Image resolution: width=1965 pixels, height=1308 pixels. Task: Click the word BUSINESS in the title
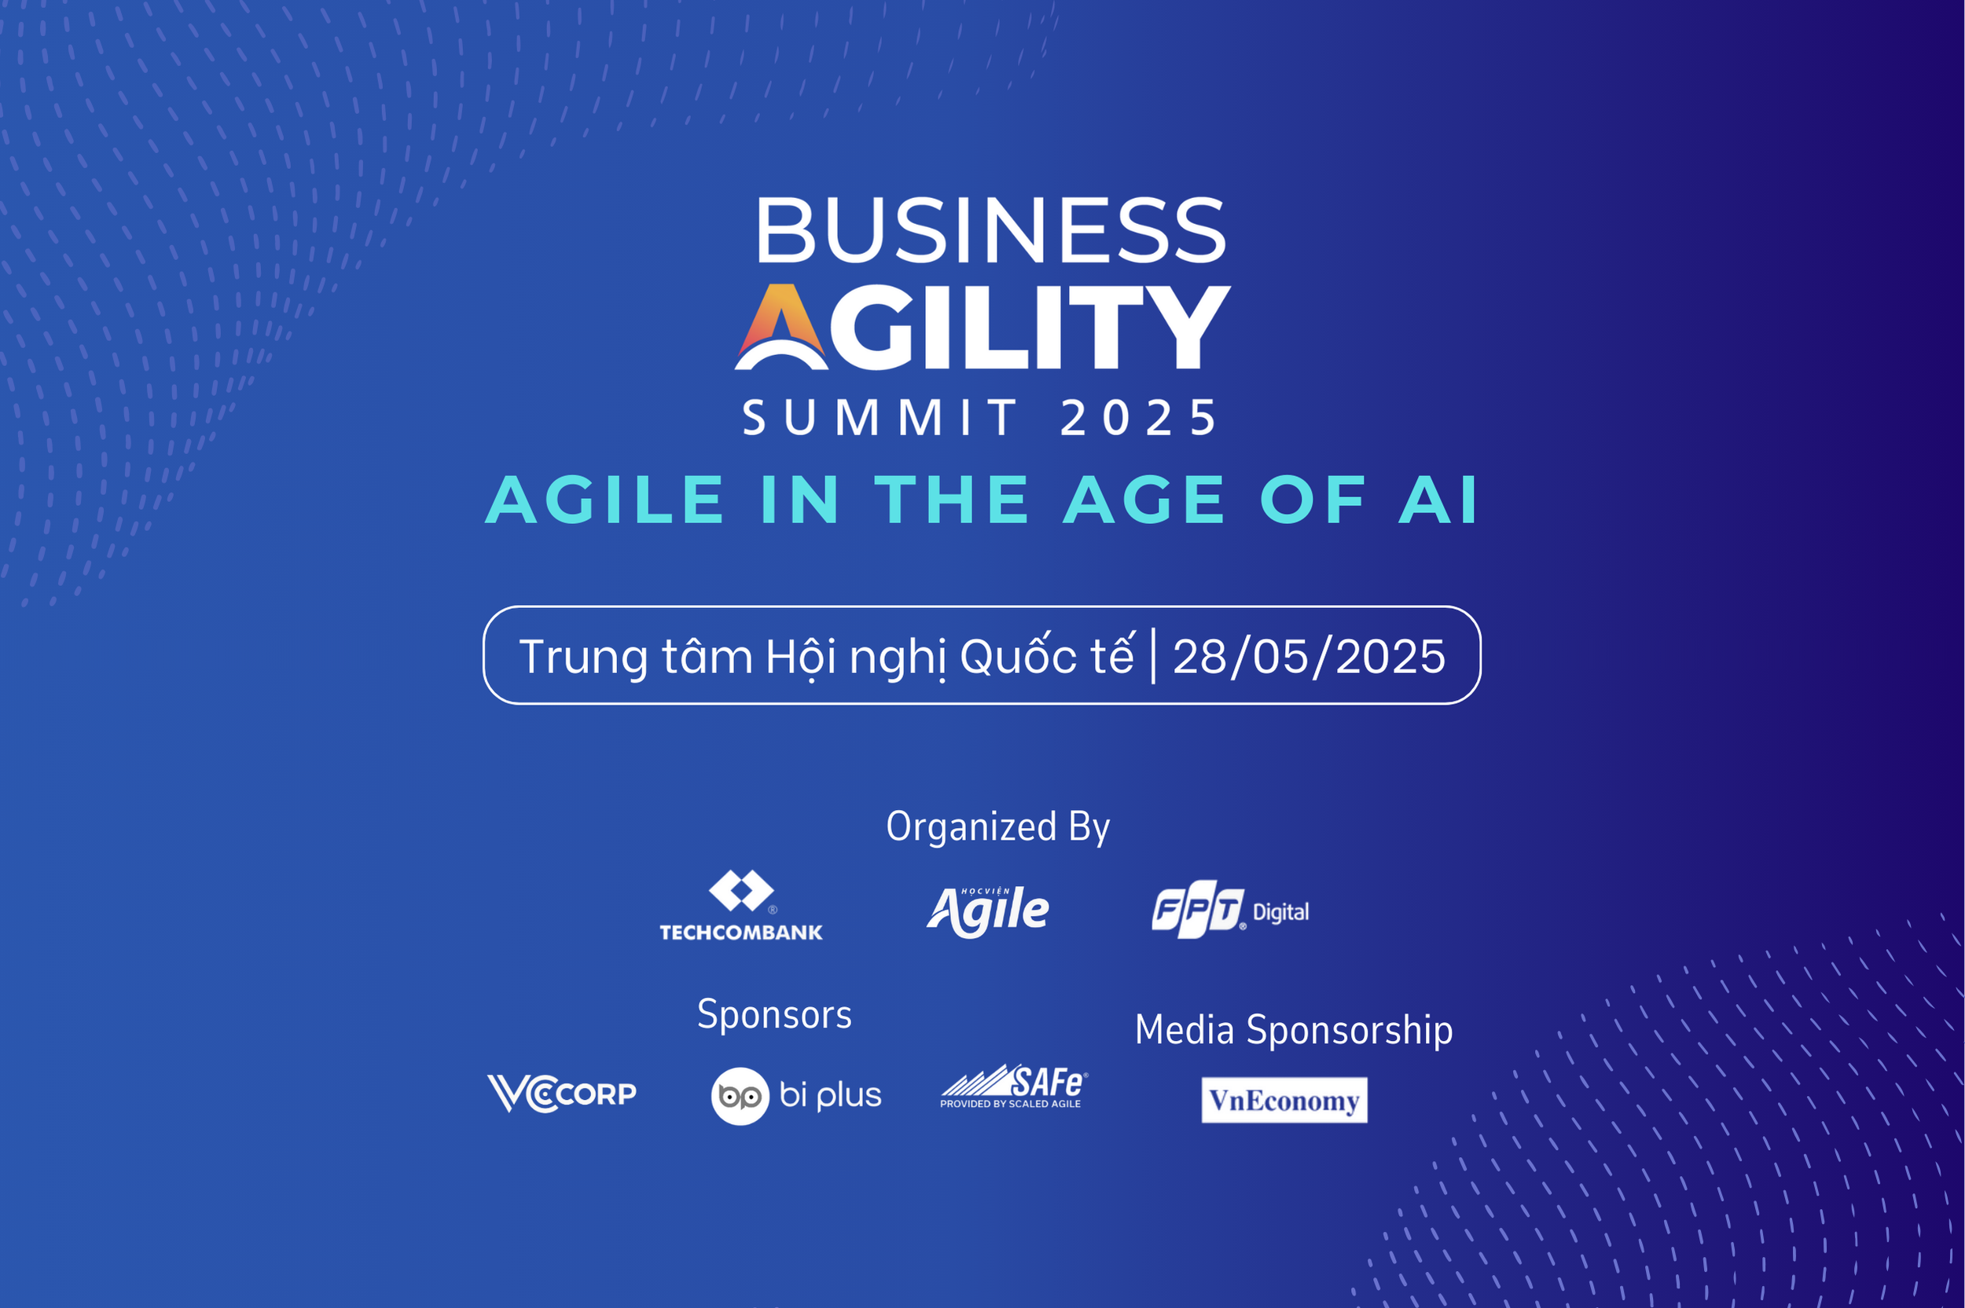point(990,230)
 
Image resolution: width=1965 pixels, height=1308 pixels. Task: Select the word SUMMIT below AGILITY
point(880,418)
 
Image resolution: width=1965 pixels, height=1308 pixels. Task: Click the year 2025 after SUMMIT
point(1138,418)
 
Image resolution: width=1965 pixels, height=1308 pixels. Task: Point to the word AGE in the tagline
point(1144,500)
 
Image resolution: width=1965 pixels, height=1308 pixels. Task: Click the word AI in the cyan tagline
point(1438,500)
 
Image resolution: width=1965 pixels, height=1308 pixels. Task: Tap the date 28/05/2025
point(1309,657)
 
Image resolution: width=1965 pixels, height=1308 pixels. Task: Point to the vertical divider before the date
point(1153,657)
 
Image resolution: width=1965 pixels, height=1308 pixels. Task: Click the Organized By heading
point(998,826)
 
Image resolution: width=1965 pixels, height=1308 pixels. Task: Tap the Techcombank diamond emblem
point(741,891)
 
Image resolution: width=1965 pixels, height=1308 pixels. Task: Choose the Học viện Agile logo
point(988,911)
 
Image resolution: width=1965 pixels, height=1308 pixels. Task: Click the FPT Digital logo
point(1230,908)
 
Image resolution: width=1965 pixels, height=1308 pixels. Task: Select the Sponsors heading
point(774,1014)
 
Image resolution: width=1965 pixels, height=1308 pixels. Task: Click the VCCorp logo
point(561,1093)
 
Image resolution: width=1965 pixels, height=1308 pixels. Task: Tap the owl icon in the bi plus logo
point(740,1096)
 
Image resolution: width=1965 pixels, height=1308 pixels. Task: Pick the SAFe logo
point(1014,1087)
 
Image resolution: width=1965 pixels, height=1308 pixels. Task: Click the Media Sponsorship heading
point(1293,1029)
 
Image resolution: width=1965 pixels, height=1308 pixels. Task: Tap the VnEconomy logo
point(1284,1101)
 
